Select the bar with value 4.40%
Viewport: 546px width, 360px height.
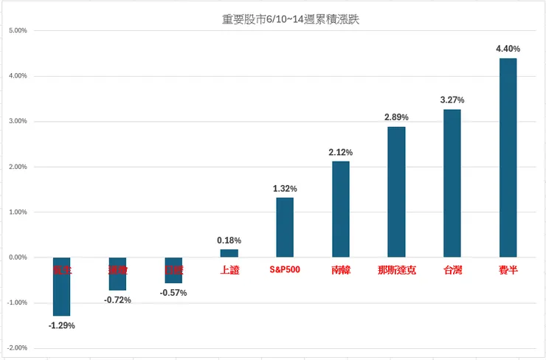point(508,157)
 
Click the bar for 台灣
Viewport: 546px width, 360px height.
point(452,183)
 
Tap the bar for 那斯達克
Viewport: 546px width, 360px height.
point(396,192)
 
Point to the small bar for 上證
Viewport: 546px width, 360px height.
point(229,253)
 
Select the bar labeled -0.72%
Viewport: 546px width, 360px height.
point(117,274)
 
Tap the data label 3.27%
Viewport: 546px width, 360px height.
point(452,100)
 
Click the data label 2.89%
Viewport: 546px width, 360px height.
point(396,117)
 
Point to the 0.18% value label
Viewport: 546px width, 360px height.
point(229,240)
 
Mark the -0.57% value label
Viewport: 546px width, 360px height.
point(173,293)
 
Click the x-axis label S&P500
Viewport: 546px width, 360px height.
point(285,271)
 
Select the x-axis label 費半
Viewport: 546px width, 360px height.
point(508,271)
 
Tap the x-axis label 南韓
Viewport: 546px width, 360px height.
point(340,271)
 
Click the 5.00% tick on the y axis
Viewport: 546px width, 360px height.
point(17,31)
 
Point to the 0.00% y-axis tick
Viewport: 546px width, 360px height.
point(17,257)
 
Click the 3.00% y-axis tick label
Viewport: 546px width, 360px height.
point(17,122)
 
